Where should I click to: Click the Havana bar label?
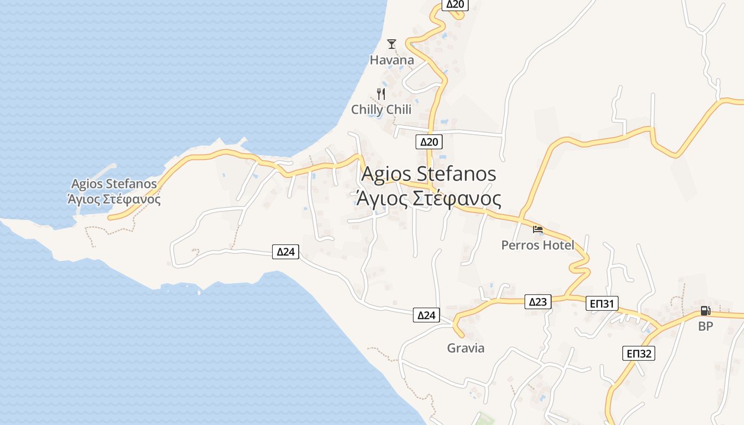(392, 60)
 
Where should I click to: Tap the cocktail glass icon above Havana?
(392, 44)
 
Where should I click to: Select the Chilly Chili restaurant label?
(381, 109)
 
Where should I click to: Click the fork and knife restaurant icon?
(381, 94)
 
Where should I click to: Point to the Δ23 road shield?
(538, 302)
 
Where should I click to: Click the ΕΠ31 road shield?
(602, 304)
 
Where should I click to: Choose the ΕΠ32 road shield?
(639, 353)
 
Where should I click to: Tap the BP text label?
(705, 326)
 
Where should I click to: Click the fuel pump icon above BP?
(705, 311)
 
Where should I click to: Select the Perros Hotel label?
(538, 245)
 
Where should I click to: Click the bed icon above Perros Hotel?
(538, 229)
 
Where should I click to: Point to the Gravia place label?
(466, 348)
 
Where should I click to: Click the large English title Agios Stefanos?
(429, 174)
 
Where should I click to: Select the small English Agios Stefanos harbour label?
(114, 184)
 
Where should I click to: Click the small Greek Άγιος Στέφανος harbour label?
(114, 199)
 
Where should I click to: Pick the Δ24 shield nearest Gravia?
(426, 316)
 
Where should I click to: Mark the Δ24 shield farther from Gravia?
(286, 252)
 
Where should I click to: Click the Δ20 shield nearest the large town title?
(429, 141)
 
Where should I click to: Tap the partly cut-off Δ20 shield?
(455, 5)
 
